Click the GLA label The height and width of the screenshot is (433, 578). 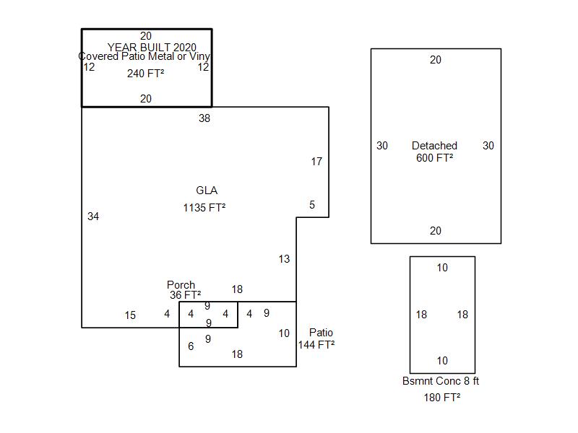pyautogui.click(x=207, y=191)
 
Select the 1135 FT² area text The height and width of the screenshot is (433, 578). pyautogui.click(x=204, y=208)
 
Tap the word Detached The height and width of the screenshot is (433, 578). pyautogui.click(x=434, y=146)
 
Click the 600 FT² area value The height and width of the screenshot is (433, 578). pyautogui.click(x=435, y=157)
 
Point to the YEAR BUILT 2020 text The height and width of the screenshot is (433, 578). pyautogui.click(x=152, y=47)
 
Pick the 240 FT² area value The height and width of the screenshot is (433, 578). pyautogui.click(x=146, y=74)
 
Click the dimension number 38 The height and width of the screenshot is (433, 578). pyautogui.click(x=204, y=118)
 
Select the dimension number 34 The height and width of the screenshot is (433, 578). pyautogui.click(x=93, y=216)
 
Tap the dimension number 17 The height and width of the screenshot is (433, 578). pyautogui.click(x=316, y=161)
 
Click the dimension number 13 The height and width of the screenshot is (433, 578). pyautogui.click(x=284, y=259)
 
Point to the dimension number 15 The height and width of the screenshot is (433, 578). pyautogui.click(x=130, y=315)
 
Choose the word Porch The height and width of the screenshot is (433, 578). pyautogui.click(x=181, y=284)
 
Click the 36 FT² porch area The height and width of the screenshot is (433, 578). pyautogui.click(x=185, y=294)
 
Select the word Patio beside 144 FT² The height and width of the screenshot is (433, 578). pyautogui.click(x=321, y=333)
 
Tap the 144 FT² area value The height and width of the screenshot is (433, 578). pyautogui.click(x=316, y=345)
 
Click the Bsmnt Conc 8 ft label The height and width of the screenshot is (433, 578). pyautogui.click(x=441, y=381)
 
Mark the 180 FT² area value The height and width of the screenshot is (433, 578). pyautogui.click(x=442, y=398)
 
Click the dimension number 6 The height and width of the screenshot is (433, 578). pyautogui.click(x=191, y=346)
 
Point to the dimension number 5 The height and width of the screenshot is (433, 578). pyautogui.click(x=312, y=205)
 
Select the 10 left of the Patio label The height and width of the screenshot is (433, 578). pyautogui.click(x=284, y=333)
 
